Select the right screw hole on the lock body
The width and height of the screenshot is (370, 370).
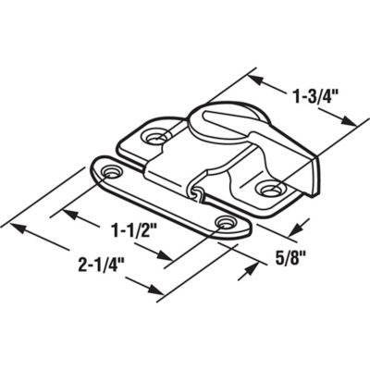tap(270, 191)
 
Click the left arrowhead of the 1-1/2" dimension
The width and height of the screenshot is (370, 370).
tap(67, 212)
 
